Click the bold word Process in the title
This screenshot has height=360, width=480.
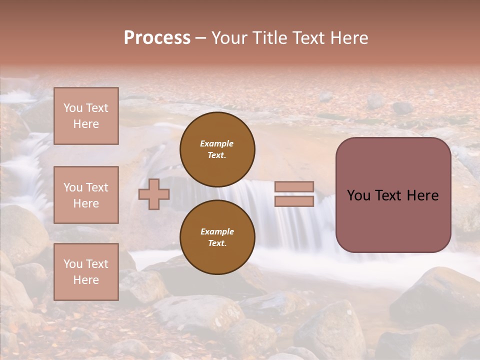tap(157, 38)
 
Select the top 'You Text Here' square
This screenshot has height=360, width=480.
tap(86, 116)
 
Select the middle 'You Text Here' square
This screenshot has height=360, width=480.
tap(86, 195)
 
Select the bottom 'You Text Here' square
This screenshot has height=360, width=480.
tap(86, 272)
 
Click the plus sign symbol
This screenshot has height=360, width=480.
tap(154, 194)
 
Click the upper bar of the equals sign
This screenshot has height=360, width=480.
tap(294, 187)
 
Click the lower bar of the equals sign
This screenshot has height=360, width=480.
tap(294, 201)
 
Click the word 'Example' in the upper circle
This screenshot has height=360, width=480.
tap(217, 143)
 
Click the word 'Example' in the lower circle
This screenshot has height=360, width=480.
tap(217, 231)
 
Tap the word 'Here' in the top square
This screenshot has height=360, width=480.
tap(86, 124)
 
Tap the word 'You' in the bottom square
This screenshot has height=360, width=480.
tap(73, 264)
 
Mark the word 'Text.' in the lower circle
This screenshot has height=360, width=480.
tap(217, 243)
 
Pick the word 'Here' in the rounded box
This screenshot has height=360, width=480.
tap(422, 195)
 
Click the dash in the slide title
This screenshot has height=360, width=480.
tap(200, 38)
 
